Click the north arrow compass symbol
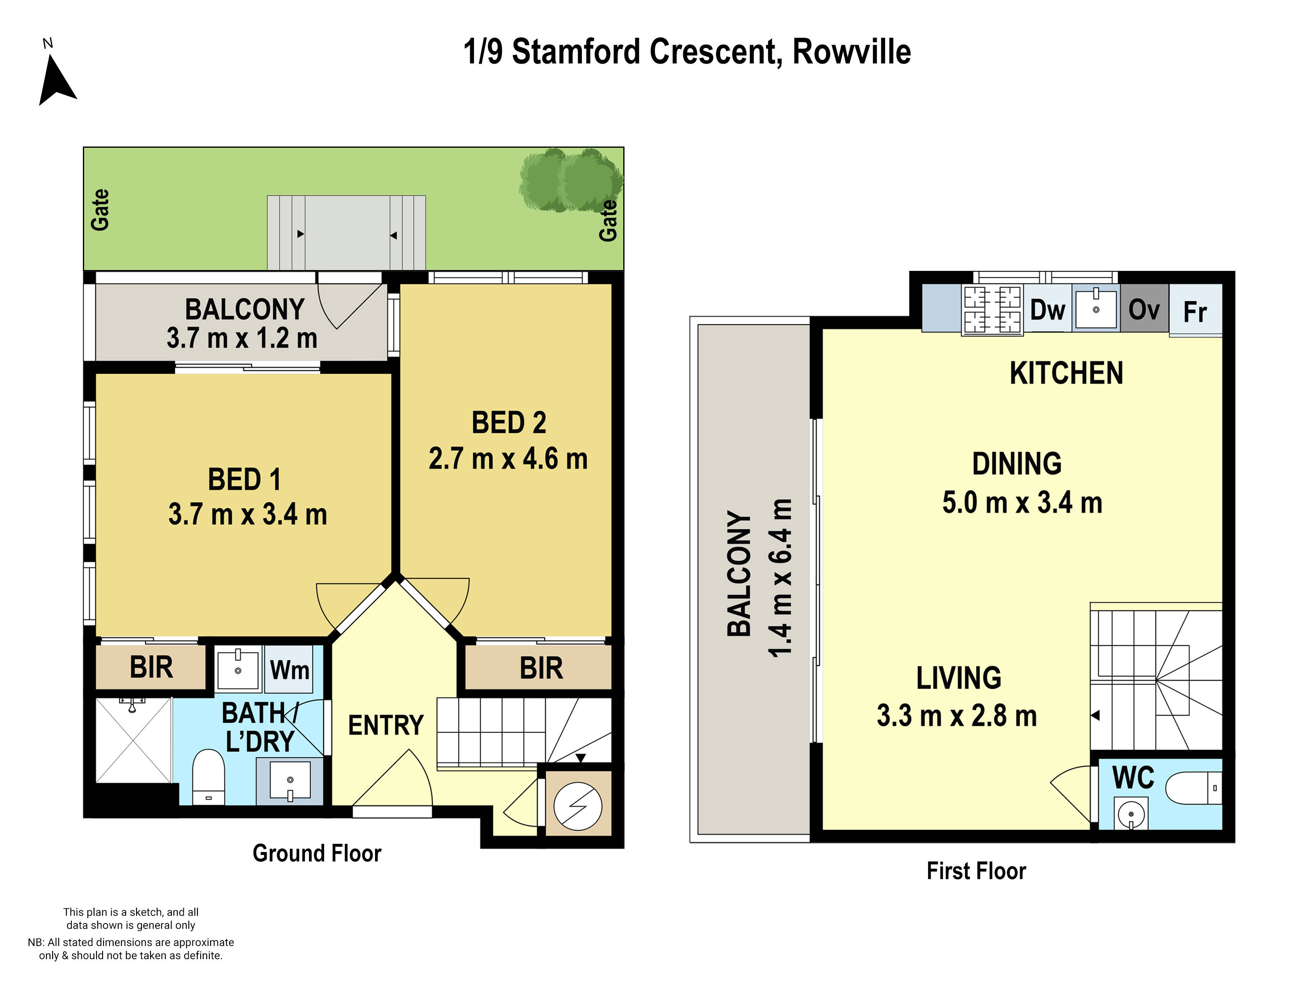56,80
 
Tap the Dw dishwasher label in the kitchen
1047,310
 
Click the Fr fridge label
1195,312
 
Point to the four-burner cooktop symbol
992,309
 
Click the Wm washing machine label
289,670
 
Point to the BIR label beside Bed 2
541,668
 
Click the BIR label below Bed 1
151,667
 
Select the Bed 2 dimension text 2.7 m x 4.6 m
508,459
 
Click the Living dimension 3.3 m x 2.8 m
957,715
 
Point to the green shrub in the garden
570,180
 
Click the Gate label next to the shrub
608,220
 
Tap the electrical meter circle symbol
578,806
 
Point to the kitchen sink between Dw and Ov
1096,308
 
